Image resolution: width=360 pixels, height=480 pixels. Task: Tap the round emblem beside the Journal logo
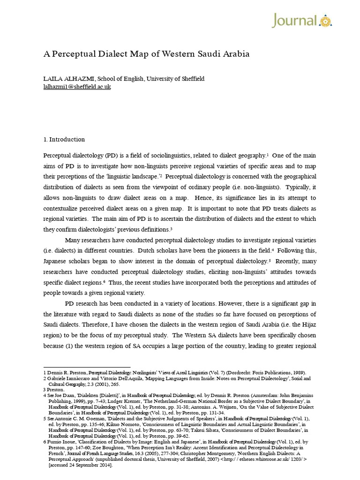[326, 21]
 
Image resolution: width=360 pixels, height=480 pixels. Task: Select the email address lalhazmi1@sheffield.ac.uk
[77, 87]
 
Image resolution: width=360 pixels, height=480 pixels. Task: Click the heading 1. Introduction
[64, 139]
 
